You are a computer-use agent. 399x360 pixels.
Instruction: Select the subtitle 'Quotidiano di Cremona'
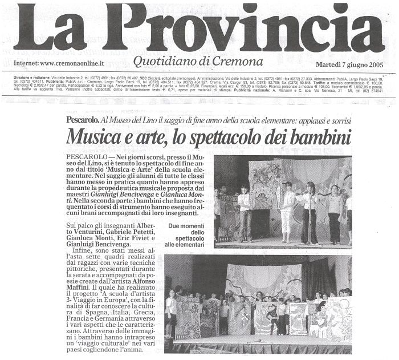[198, 62]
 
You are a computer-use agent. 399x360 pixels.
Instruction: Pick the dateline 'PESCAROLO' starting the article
[86, 156]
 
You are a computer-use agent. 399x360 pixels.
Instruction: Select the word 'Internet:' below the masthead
[26, 63]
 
